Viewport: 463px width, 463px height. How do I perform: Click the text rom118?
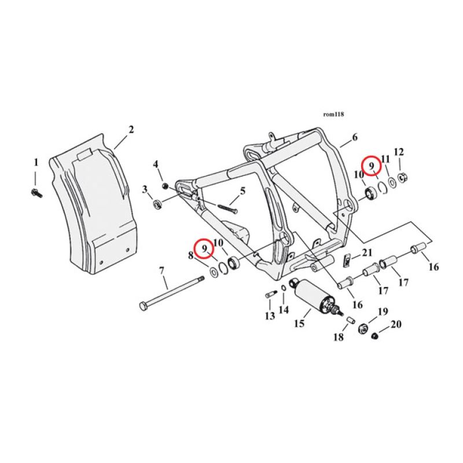pyautogui.click(x=334, y=115)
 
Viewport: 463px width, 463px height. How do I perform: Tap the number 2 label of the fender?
pyautogui.click(x=131, y=130)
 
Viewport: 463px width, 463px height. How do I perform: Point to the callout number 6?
pyautogui.click(x=355, y=137)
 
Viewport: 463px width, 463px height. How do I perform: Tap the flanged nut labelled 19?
pyautogui.click(x=365, y=327)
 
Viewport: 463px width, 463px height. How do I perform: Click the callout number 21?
pyautogui.click(x=368, y=252)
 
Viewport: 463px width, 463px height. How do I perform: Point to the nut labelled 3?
pyautogui.click(x=156, y=204)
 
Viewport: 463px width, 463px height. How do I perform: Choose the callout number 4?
pyautogui.click(x=155, y=164)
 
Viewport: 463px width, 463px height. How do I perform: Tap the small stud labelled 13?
pyautogui.click(x=269, y=295)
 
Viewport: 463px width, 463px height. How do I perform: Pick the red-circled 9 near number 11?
pyautogui.click(x=370, y=166)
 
